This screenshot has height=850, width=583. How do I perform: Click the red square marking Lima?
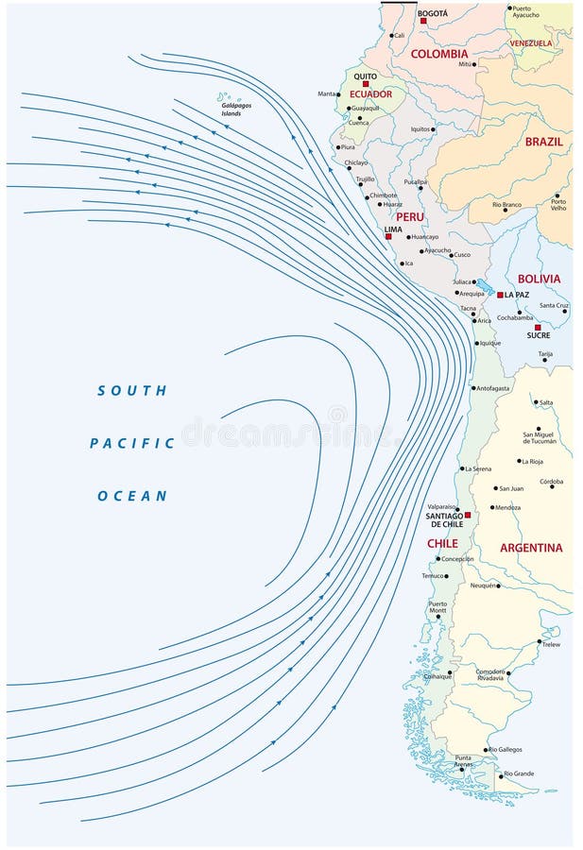(388, 236)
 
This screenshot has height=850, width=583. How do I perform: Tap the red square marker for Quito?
(366, 84)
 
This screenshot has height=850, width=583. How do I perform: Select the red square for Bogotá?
(423, 21)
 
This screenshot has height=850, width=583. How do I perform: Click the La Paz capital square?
(500, 295)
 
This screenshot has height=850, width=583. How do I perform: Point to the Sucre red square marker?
(538, 328)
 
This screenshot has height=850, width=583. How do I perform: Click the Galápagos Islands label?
(231, 110)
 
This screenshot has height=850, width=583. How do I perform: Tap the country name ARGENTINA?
(531, 548)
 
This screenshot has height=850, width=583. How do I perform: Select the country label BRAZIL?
(544, 142)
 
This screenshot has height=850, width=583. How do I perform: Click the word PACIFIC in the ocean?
(132, 443)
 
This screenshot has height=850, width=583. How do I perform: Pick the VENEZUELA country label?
(531, 43)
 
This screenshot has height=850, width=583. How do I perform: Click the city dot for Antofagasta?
(473, 388)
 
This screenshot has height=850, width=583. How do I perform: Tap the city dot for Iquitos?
(433, 129)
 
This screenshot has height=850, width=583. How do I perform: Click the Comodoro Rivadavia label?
(490, 674)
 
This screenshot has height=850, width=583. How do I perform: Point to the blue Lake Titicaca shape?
(484, 286)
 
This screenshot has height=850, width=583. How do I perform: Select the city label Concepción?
(457, 559)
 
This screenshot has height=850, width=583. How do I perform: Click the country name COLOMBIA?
(439, 55)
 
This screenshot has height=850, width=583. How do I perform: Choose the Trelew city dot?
(540, 641)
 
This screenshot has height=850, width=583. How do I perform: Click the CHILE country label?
(442, 544)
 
